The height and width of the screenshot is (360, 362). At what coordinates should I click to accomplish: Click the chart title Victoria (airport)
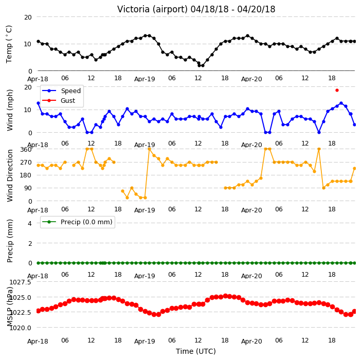tap(153, 9)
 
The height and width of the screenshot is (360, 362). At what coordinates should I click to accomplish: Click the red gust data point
tap(337, 91)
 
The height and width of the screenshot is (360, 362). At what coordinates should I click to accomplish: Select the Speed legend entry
tap(61, 91)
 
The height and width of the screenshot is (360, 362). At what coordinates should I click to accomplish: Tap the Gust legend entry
tap(59, 100)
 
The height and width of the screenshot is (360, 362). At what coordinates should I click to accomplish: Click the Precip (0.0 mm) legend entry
tap(77, 222)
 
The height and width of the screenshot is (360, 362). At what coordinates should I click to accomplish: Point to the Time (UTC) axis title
tap(196, 351)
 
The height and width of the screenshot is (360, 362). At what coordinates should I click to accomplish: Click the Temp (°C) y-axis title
tap(9, 44)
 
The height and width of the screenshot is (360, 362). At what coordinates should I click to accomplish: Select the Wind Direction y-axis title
tap(10, 175)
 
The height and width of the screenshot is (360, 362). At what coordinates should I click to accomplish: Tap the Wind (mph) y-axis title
tap(10, 110)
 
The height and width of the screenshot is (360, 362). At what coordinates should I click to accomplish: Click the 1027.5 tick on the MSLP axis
tap(20, 282)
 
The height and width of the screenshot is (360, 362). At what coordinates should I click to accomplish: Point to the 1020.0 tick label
tap(20, 328)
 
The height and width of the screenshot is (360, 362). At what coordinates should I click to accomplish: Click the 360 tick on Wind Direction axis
tap(26, 150)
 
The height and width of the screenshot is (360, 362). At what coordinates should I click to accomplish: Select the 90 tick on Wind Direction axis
tap(28, 188)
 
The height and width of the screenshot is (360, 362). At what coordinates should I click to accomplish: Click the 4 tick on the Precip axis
tap(30, 223)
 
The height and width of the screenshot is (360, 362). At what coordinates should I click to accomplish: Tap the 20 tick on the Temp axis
tap(28, 17)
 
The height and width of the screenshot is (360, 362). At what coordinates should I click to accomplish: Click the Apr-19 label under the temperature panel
tap(144, 79)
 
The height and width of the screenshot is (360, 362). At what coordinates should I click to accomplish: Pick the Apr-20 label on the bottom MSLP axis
tap(251, 341)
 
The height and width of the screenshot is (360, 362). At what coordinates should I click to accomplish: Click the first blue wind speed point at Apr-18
tap(39, 103)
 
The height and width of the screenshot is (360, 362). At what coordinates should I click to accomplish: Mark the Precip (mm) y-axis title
tap(10, 241)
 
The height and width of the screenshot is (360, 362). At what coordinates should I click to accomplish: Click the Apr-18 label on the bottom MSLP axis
tap(38, 341)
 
